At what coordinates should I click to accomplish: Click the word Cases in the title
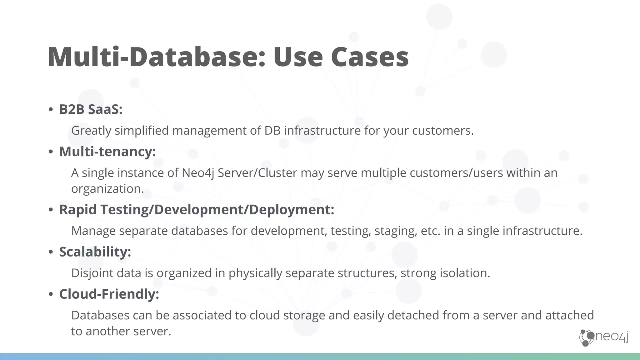[x=370, y=57]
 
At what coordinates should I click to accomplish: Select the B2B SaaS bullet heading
[x=91, y=109]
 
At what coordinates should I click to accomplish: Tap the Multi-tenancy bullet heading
[x=107, y=152]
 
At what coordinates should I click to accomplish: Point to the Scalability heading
[x=95, y=252]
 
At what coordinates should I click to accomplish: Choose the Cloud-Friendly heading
[x=109, y=294]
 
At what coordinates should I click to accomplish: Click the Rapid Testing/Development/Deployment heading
[x=197, y=210]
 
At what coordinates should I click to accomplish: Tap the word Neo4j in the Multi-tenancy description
[x=198, y=173]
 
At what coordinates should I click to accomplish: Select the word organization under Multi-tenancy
[x=107, y=189]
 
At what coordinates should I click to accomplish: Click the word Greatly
[x=91, y=131]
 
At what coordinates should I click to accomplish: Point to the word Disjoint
[x=92, y=273]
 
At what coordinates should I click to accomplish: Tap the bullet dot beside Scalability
[x=51, y=252]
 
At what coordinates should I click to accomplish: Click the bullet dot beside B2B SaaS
[x=51, y=110]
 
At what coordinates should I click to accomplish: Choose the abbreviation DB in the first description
[x=272, y=131]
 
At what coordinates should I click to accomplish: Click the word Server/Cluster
[x=257, y=173]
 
